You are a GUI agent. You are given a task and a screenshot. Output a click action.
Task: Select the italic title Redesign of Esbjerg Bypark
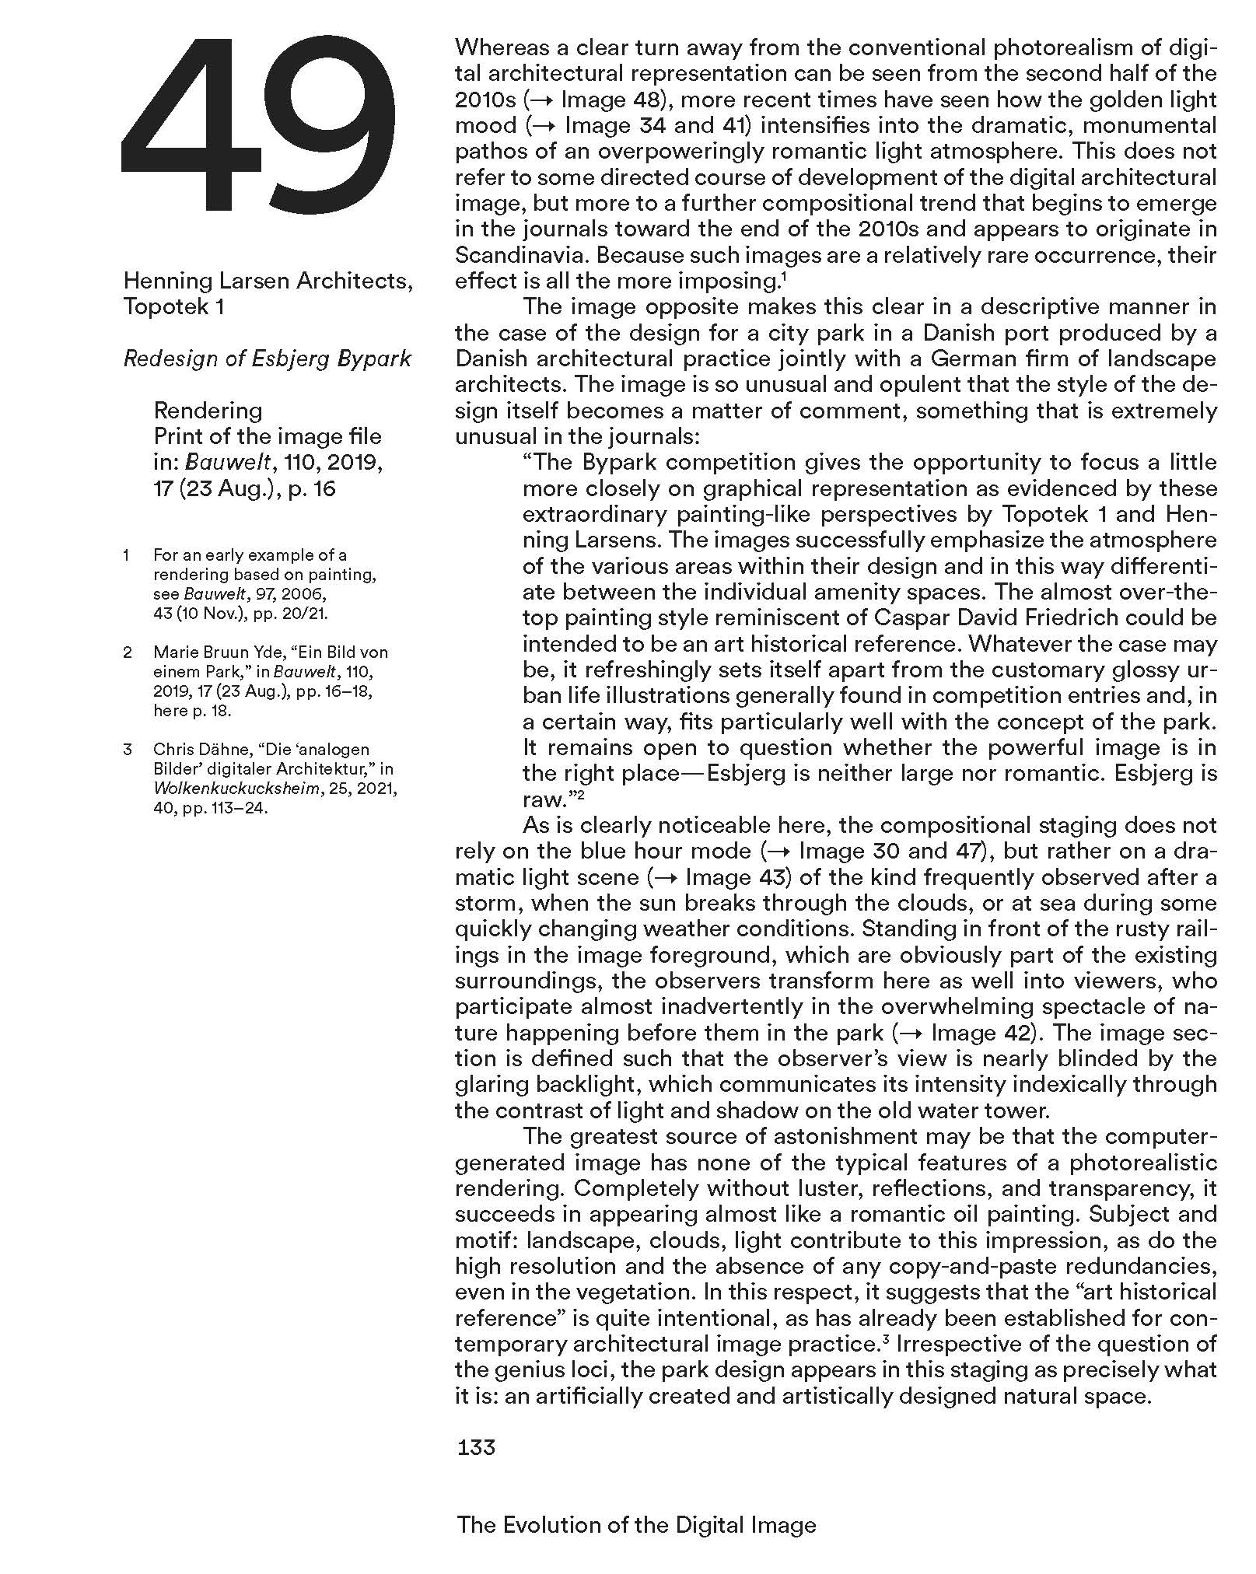[267, 359]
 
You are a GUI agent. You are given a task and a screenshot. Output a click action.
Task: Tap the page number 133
[476, 1447]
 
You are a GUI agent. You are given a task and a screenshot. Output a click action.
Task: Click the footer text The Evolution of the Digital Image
[636, 1525]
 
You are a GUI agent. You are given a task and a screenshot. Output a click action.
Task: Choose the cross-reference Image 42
[974, 1033]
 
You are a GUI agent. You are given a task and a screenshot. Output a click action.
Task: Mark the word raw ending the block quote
[541, 799]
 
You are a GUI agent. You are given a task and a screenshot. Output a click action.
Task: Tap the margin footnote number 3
[128, 750]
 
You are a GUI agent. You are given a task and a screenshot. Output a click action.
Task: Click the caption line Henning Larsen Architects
[268, 280]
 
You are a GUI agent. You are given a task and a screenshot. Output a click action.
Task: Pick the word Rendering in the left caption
[208, 410]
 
